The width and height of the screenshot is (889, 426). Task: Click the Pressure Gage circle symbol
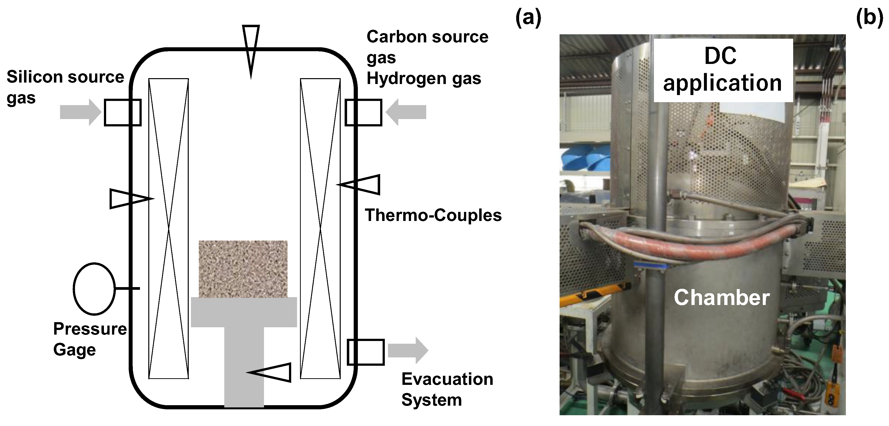tap(94, 289)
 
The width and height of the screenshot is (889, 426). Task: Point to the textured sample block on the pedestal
tap(243, 269)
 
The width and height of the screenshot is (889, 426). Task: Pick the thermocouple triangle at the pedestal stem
tap(271, 373)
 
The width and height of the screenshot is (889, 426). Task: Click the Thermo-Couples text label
tap(433, 215)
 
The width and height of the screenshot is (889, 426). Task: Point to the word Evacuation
tap(447, 379)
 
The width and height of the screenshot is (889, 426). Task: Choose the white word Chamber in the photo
tap(722, 297)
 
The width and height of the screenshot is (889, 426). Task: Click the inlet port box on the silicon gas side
tap(123, 112)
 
